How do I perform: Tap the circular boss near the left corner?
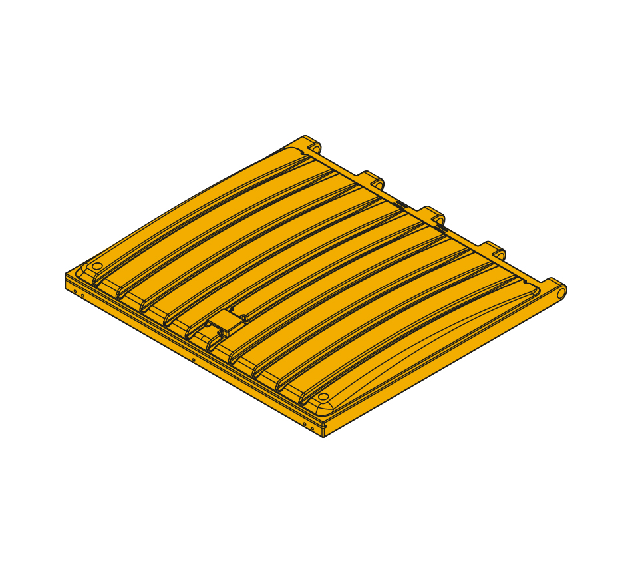pos(97,266)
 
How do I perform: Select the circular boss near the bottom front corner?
pos(323,397)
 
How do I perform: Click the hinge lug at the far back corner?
pos(313,144)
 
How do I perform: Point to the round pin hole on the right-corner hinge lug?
pos(561,292)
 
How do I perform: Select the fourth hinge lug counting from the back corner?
pos(496,253)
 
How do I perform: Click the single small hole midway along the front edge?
pos(194,360)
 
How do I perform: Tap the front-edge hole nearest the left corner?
pos(75,291)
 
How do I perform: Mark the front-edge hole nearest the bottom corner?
pos(313,428)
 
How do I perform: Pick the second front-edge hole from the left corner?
pos(82,295)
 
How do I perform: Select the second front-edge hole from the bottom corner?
pos(305,423)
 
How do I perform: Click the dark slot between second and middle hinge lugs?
pos(401,204)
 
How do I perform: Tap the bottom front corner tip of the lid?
pos(323,437)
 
